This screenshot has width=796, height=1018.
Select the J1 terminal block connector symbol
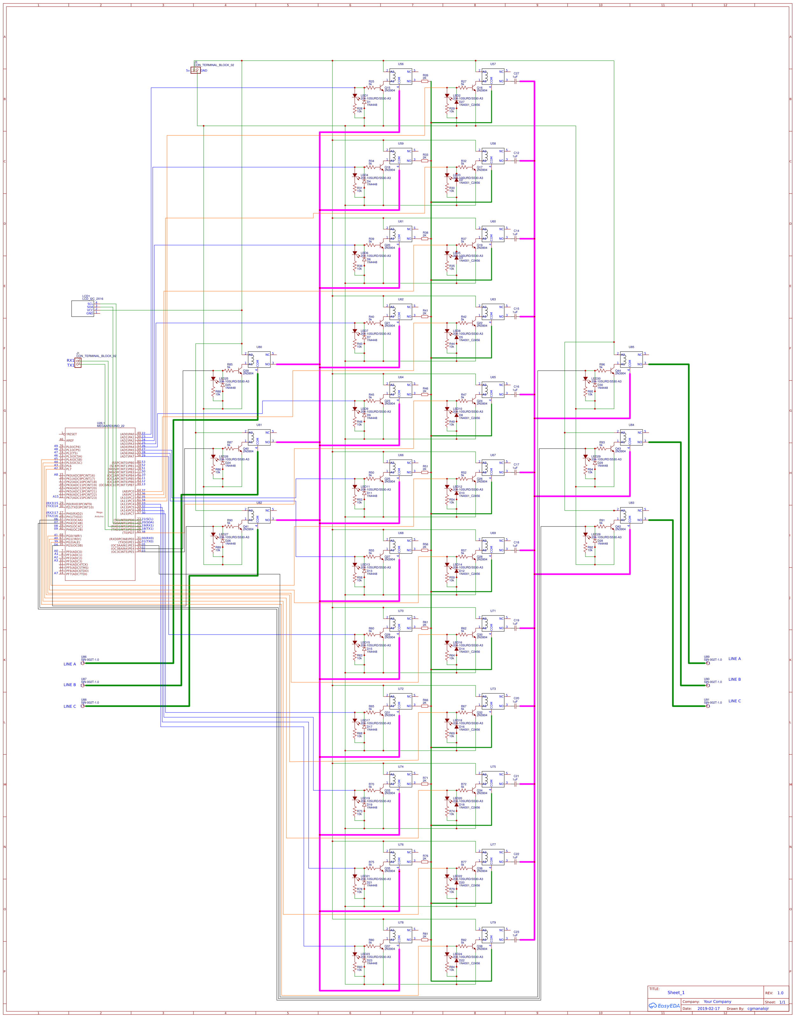(78, 363)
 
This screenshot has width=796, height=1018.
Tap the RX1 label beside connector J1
(70, 360)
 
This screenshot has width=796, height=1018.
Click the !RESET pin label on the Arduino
(71, 434)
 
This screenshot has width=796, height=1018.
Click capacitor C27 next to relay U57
(515, 81)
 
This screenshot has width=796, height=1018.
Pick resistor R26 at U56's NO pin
(425, 81)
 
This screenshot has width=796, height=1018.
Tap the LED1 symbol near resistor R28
(355, 96)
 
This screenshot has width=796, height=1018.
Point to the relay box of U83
(631, 516)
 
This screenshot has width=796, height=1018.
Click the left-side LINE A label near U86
(69, 664)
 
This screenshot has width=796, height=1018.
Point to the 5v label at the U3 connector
(188, 71)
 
